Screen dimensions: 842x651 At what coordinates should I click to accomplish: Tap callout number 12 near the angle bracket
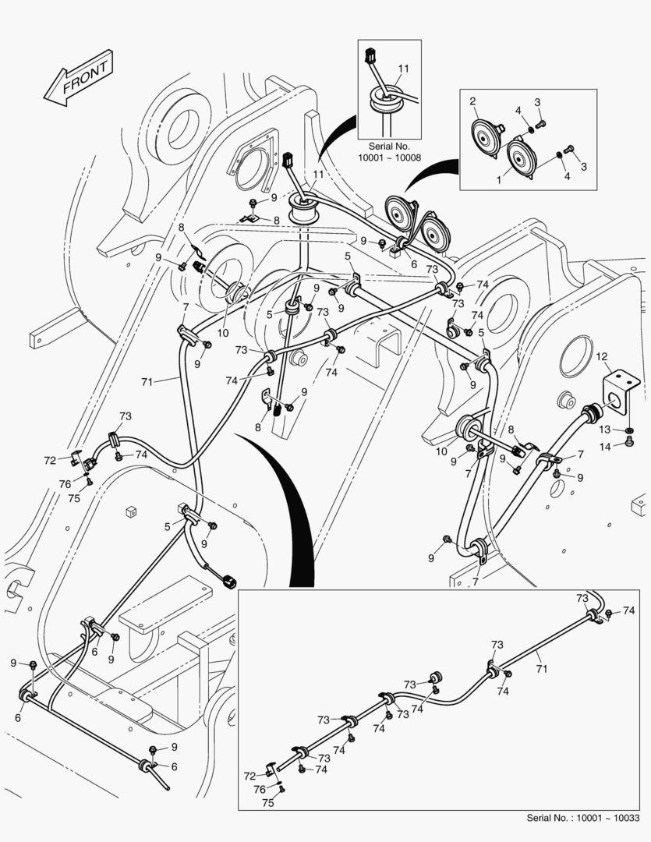(601, 357)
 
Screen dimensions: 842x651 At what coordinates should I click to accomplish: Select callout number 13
(606, 430)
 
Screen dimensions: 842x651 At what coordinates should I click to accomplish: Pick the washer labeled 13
(628, 430)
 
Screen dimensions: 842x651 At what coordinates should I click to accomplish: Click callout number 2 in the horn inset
(472, 101)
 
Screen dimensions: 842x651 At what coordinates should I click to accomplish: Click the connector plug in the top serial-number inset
(370, 56)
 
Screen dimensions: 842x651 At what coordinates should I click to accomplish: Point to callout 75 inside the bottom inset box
(267, 801)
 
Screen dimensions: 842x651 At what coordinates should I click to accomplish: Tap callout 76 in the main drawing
(65, 484)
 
